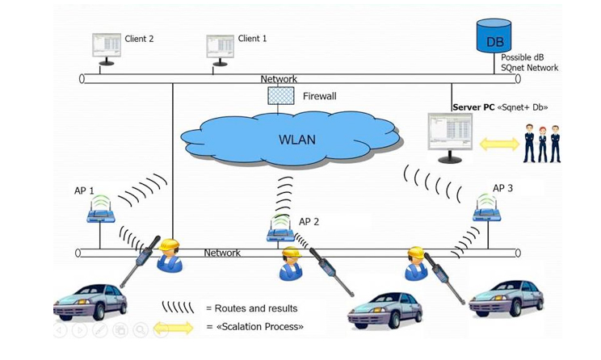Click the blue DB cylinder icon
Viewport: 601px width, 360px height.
pos(494,36)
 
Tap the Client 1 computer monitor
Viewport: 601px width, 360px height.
pos(219,48)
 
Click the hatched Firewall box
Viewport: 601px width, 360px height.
pos(280,95)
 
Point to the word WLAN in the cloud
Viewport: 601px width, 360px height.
pos(297,140)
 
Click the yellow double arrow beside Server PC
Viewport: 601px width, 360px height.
pos(500,144)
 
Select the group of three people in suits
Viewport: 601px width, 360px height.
pos(540,143)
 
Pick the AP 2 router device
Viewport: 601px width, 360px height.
pos(279,232)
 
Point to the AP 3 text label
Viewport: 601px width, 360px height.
pos(502,188)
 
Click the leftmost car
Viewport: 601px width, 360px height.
pos(90,299)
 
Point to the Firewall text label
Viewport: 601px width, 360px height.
pos(320,97)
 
